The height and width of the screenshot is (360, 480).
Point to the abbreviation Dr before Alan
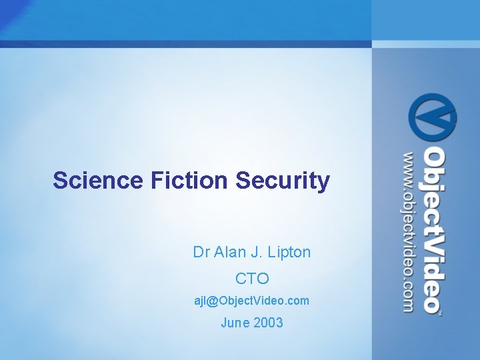tap(201, 252)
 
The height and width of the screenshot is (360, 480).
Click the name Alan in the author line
tap(230, 252)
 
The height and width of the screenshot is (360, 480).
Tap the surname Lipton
tap(289, 252)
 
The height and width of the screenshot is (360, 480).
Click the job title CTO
tap(252, 277)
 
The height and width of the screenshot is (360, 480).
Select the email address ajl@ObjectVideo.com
tap(252, 301)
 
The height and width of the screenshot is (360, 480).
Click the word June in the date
tap(235, 323)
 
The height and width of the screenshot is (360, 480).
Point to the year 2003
tap(268, 323)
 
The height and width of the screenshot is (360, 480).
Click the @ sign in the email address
tap(213, 301)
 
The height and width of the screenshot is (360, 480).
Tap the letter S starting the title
tap(60, 180)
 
